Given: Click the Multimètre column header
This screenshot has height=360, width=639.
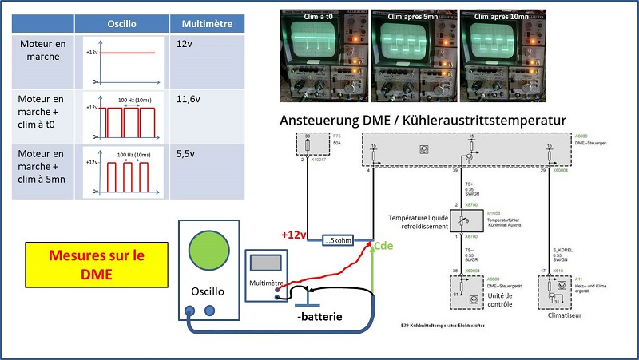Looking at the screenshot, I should click(207, 24).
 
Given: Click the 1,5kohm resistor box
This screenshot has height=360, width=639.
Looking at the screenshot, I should click(338, 240).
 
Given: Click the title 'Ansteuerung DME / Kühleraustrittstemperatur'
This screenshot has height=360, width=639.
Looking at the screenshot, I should click(423, 121).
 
